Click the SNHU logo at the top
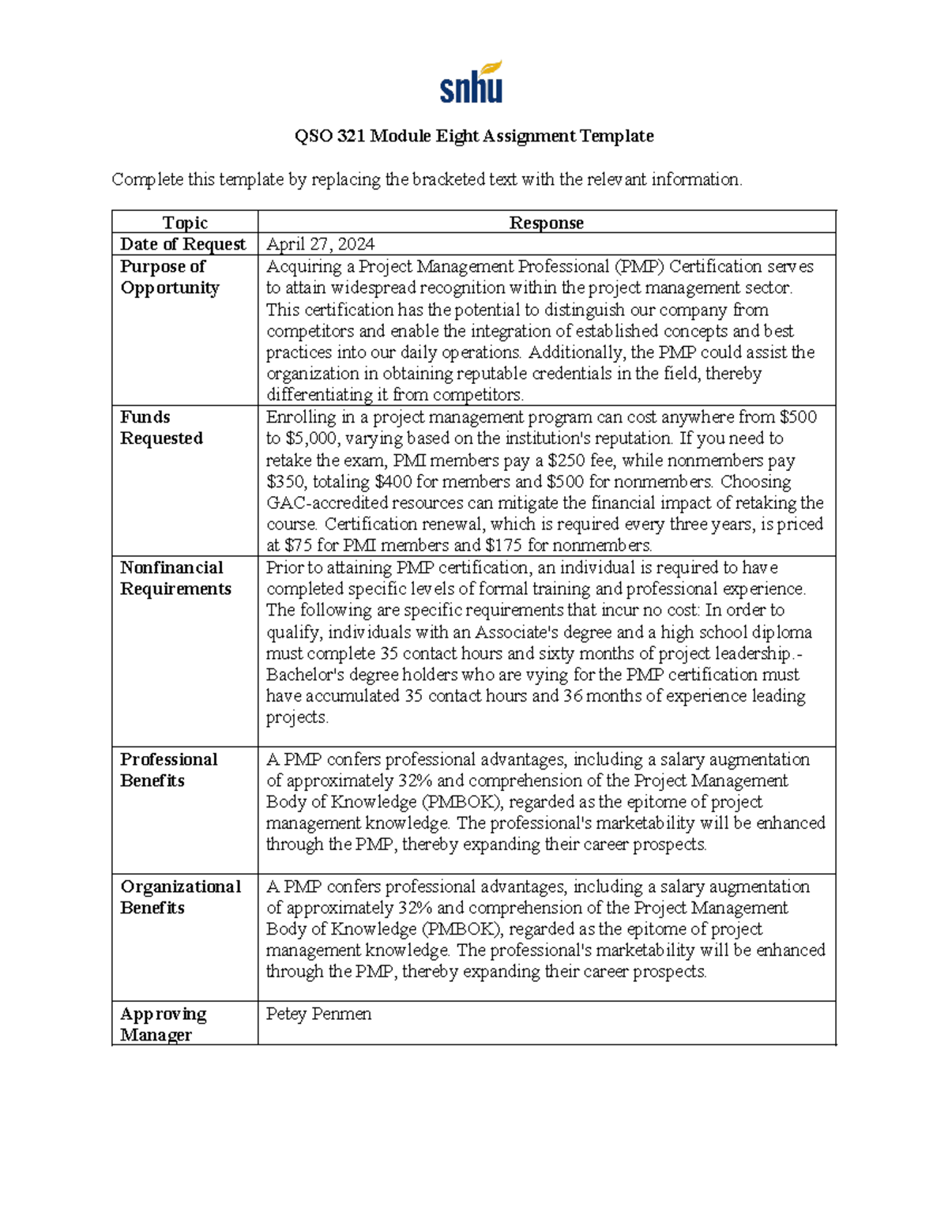click(x=471, y=82)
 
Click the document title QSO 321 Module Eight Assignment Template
click(x=474, y=136)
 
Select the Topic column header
click(x=185, y=223)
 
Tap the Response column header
click(x=546, y=223)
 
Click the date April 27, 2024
click(x=320, y=244)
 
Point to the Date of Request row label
click(x=182, y=244)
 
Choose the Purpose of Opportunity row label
click(x=169, y=277)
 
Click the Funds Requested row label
click(x=161, y=427)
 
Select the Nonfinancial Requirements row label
click(x=175, y=578)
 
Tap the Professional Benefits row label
click(x=168, y=770)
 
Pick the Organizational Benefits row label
click(x=180, y=897)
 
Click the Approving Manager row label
click(x=163, y=1024)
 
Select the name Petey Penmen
click(x=318, y=1014)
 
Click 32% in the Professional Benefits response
click(x=415, y=781)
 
